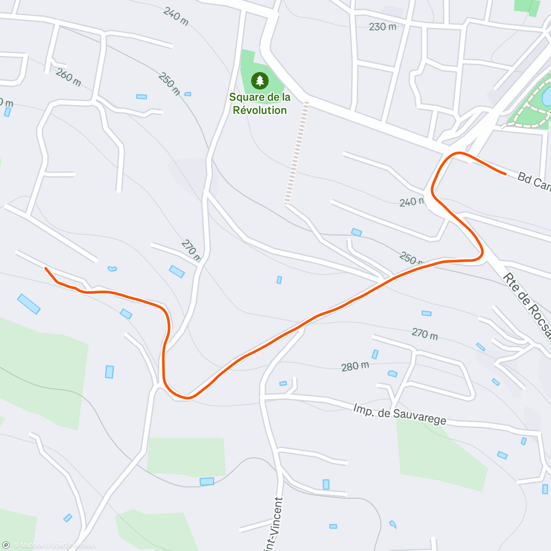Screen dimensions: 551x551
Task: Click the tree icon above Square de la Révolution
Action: (260, 81)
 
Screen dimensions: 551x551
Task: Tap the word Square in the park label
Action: (247, 97)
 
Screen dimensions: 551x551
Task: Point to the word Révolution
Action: (260, 110)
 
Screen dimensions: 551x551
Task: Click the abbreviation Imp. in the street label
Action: (363, 409)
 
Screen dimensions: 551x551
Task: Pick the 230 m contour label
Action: (382, 27)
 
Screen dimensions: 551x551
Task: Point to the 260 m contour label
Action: (68, 78)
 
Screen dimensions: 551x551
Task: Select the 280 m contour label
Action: (355, 366)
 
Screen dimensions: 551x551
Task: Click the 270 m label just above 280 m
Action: (424, 334)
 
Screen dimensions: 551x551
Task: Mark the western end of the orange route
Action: (45, 268)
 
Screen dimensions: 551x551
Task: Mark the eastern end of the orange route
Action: (505, 174)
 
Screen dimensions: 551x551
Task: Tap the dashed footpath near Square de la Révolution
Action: (297, 152)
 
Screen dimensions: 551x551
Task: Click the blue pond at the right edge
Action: (546, 97)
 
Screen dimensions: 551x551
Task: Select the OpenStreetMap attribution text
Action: (73, 545)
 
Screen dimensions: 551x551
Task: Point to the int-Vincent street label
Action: (274, 523)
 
